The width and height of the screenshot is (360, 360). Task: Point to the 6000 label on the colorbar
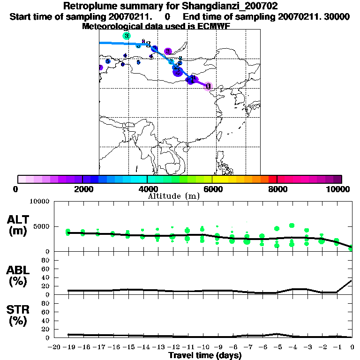point(212,189)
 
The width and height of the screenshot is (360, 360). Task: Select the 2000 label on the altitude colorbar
point(82,189)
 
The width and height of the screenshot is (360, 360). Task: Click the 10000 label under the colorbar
point(339,189)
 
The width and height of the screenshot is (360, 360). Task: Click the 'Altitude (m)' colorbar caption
point(173,196)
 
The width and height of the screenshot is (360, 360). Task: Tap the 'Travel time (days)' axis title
point(205,356)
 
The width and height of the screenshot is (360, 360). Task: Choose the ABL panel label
point(19,276)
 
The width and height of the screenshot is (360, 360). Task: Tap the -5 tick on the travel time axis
point(277,347)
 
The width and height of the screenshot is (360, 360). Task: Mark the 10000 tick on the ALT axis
point(39,202)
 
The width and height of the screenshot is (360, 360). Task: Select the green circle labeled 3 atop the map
point(126,36)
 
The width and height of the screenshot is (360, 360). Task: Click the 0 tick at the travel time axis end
point(352,347)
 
